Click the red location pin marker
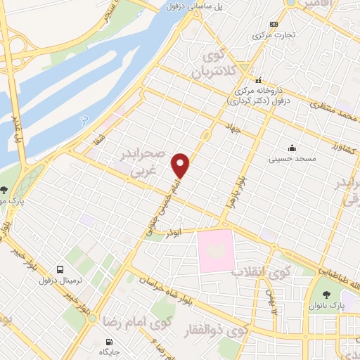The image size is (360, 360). click(x=181, y=165)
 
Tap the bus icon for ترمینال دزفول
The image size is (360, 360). click(x=60, y=269)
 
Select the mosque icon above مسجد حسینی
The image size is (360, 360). click(x=292, y=148)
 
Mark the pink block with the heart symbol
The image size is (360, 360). click(x=216, y=250)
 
